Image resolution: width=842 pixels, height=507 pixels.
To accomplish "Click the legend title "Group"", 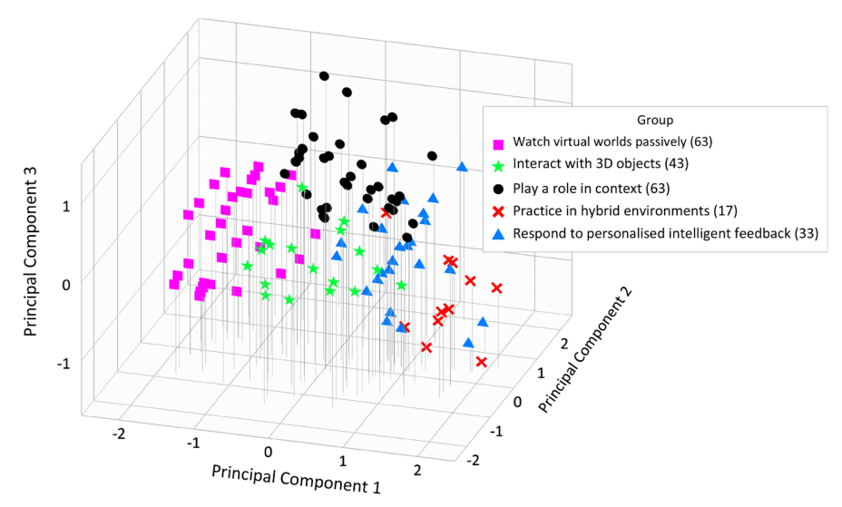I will pyautogui.click(x=654, y=120).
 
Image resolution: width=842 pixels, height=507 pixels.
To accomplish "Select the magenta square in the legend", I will pyautogui.click(x=498, y=142).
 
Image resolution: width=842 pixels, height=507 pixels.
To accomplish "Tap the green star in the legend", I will pyautogui.click(x=498, y=165).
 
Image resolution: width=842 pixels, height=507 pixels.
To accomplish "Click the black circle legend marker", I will pyautogui.click(x=498, y=189).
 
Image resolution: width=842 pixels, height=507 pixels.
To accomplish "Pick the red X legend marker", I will pyautogui.click(x=498, y=211).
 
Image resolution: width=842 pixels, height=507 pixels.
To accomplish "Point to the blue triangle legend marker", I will pyautogui.click(x=498, y=234).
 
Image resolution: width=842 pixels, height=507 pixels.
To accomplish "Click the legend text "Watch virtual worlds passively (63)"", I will pyautogui.click(x=612, y=141).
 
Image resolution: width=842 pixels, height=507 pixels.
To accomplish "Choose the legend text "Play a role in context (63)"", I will pyautogui.click(x=594, y=188).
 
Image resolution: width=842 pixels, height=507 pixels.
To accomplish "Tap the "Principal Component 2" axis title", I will pyautogui.click(x=587, y=349).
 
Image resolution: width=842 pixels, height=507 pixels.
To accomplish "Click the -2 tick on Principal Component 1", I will pyautogui.click(x=118, y=434).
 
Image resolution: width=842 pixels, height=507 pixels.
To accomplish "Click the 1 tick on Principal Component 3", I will pyautogui.click(x=65, y=206).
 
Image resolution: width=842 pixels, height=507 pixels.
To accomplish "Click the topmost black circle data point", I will pyautogui.click(x=324, y=76).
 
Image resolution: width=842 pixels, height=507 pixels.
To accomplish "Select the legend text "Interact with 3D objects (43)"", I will pyautogui.click(x=600, y=165).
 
